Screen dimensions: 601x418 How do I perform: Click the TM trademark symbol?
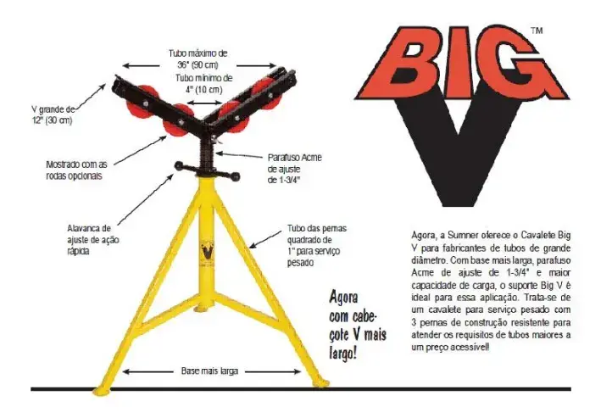pyautogui.click(x=537, y=31)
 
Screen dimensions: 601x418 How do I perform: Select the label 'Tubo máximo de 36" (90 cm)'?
pyautogui.click(x=200, y=59)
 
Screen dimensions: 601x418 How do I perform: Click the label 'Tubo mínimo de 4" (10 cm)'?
pyautogui.click(x=204, y=84)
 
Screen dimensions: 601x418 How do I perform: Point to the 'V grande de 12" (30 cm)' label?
pyautogui.click(x=53, y=114)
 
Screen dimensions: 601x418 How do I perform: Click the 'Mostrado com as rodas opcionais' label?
pyautogui.click(x=76, y=170)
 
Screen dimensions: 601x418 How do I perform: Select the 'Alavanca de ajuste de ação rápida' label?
pyautogui.click(x=93, y=240)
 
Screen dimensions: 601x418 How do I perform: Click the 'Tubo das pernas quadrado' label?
pyautogui.click(x=317, y=245)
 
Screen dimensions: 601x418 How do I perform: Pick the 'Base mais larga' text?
pyautogui.click(x=209, y=371)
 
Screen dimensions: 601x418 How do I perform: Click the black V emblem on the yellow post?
pyautogui.click(x=208, y=252)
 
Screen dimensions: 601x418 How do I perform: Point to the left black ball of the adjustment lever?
pyautogui.click(x=180, y=165)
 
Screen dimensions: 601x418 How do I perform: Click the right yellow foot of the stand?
pyautogui.click(x=321, y=383)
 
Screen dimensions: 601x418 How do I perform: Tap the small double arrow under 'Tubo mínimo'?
pyautogui.click(x=205, y=103)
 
